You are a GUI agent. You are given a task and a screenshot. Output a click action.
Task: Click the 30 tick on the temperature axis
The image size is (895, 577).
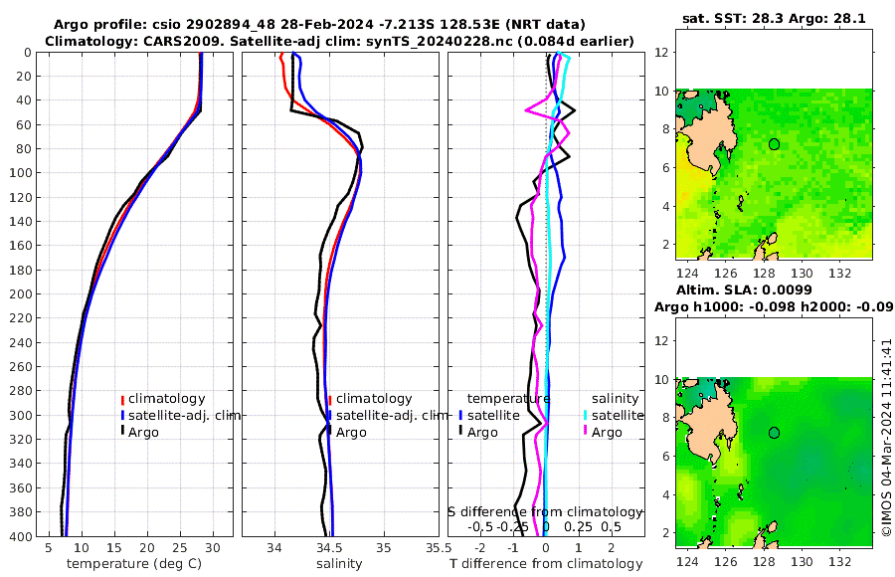pyautogui.click(x=213, y=547)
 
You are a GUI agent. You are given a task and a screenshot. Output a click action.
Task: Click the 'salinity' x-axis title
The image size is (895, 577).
pyautogui.click(x=339, y=564)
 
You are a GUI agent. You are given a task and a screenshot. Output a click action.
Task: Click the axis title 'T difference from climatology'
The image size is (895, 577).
pyautogui.click(x=546, y=564)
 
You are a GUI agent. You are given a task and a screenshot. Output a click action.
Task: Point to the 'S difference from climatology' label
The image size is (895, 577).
pyautogui.click(x=546, y=510)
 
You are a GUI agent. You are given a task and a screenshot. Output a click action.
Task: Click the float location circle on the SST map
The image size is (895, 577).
pyautogui.click(x=774, y=144)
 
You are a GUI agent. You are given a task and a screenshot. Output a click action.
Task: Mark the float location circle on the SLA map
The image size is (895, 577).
pyautogui.click(x=774, y=433)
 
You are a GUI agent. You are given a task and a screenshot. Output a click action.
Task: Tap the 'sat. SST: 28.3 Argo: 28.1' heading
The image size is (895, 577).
pyautogui.click(x=773, y=18)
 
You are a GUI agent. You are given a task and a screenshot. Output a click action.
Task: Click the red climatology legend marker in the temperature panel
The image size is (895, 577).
pyautogui.click(x=122, y=399)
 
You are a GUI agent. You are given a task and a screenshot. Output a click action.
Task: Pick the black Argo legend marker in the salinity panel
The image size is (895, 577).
pyautogui.click(x=329, y=432)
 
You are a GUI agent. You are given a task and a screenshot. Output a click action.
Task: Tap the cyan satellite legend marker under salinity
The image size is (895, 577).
pyautogui.click(x=586, y=416)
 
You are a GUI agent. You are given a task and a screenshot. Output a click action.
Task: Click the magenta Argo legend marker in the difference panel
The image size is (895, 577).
pyautogui.click(x=586, y=432)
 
